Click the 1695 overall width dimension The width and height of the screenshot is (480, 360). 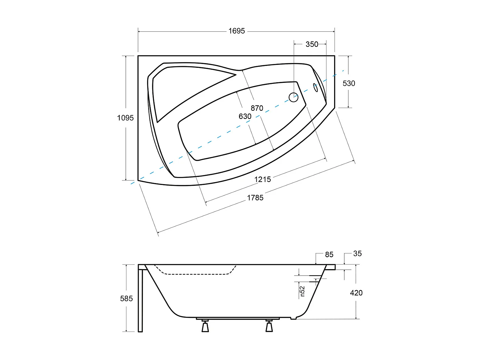(236, 31)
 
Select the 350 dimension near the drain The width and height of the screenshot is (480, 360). (312, 44)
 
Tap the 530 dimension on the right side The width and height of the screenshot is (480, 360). (349, 84)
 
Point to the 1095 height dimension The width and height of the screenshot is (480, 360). (125, 118)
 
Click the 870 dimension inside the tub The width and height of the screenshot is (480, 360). (257, 108)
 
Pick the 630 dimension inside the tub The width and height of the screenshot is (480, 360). (245, 116)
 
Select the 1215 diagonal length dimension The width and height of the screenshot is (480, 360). (262, 180)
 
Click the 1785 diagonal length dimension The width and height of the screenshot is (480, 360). (255, 198)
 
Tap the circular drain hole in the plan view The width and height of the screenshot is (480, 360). (293, 97)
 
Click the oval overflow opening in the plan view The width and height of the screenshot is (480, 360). (316, 87)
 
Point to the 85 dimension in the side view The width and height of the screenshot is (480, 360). (329, 255)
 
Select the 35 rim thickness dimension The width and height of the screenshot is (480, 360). (357, 254)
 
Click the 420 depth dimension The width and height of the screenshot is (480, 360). (356, 293)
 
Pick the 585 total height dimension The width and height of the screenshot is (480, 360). (126, 299)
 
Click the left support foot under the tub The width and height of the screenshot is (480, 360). (205, 326)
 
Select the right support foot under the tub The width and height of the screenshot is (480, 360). (269, 326)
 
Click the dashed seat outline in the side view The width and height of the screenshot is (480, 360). (195, 274)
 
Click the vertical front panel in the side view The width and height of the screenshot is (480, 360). (140, 299)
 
